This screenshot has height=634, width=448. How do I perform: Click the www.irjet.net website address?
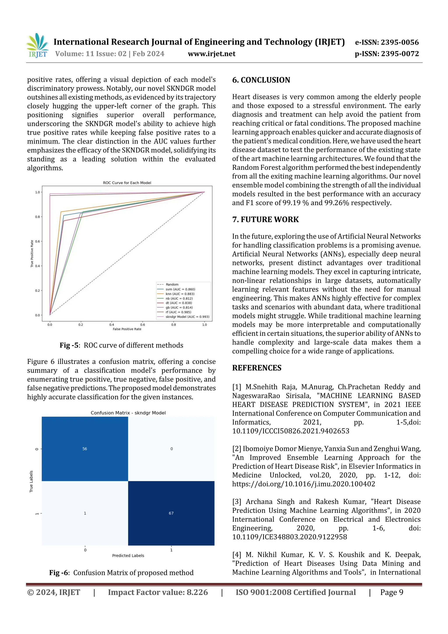tap(212, 54)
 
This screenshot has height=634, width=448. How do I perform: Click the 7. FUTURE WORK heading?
tap(265, 220)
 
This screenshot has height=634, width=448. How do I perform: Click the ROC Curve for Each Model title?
tap(127, 183)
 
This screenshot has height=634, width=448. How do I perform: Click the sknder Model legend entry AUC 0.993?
tap(187, 317)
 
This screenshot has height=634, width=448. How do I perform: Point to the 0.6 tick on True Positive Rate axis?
tap(37, 241)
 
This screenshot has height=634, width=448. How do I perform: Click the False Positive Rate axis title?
tap(127, 329)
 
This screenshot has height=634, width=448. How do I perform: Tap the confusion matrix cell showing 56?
tap(85, 449)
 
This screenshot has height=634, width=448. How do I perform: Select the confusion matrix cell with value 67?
tap(171, 513)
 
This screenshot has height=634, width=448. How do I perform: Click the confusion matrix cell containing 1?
tap(85, 513)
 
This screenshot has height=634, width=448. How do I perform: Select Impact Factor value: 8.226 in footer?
tap(158, 592)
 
